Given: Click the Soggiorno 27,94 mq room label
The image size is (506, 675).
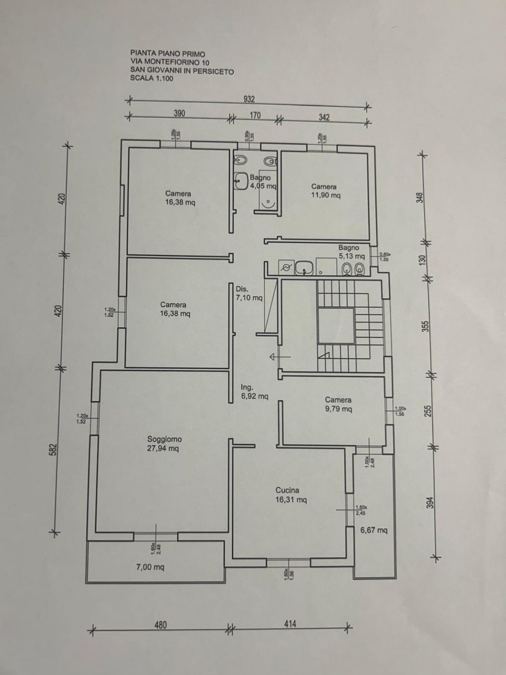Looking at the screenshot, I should tap(164, 444).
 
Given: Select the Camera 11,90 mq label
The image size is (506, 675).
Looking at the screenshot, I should tap(325, 191).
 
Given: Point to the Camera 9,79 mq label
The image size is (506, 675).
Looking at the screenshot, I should tap(338, 404).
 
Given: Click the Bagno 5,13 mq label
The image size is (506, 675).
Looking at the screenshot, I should tap(351, 252).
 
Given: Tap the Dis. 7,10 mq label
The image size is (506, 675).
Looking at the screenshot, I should tap(249, 294).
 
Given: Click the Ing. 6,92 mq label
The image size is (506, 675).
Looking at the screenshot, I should tap(254, 392).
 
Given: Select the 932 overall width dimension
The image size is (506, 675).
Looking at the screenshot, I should tap(249, 99).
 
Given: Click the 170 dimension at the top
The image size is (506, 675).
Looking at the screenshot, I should tap(255, 116).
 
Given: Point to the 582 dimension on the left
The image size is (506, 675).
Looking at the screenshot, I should tap(54, 450).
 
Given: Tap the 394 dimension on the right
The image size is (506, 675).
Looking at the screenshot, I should tap(430, 502).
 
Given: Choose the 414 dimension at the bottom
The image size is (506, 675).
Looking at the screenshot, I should tap(290, 624).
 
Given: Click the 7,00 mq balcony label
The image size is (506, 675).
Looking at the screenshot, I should tap(150, 567).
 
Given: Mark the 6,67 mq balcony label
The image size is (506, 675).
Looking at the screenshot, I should tap(374, 530).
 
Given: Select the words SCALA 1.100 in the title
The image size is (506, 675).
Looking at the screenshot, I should tap(152, 79).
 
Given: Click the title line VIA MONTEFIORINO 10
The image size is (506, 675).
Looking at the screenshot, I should tap(170, 62).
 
